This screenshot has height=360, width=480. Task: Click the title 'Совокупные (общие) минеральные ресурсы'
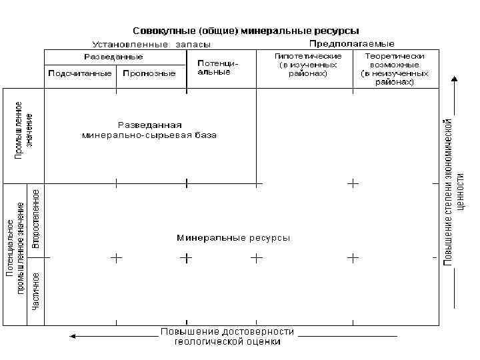pyautogui.click(x=246, y=31)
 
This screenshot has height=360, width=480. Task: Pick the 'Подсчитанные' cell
pyautogui.click(x=79, y=74)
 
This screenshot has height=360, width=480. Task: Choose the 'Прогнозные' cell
pyautogui.click(x=149, y=74)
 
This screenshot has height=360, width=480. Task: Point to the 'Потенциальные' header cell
pyautogui.click(x=218, y=67)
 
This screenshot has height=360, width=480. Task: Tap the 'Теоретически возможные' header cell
pyautogui.click(x=395, y=69)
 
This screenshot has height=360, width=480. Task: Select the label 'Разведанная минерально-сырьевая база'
pyautogui.click(x=149, y=129)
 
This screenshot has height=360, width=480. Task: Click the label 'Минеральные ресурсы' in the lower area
pyautogui.click(x=233, y=238)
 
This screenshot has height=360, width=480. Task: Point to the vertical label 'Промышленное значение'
pyautogui.click(x=24, y=130)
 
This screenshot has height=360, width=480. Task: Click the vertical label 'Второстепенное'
pyautogui.click(x=36, y=219)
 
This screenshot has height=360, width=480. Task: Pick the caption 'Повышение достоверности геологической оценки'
pyautogui.click(x=227, y=337)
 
